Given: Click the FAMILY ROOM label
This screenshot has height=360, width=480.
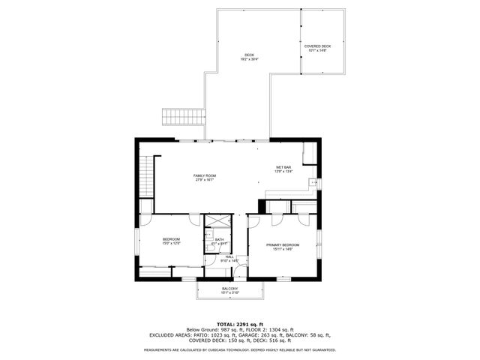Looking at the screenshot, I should pos(205,175).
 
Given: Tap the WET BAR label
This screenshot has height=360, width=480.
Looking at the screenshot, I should pos(283,166).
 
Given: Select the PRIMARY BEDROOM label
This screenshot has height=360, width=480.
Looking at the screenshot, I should pos(283,245).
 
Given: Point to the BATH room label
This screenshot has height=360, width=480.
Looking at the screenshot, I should pos(219,239).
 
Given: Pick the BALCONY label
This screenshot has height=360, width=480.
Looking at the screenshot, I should pos(229,289).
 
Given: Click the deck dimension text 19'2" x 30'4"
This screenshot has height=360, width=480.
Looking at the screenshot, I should pos(250,60).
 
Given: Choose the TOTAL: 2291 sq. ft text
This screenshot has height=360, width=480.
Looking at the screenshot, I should pos(239,323).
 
